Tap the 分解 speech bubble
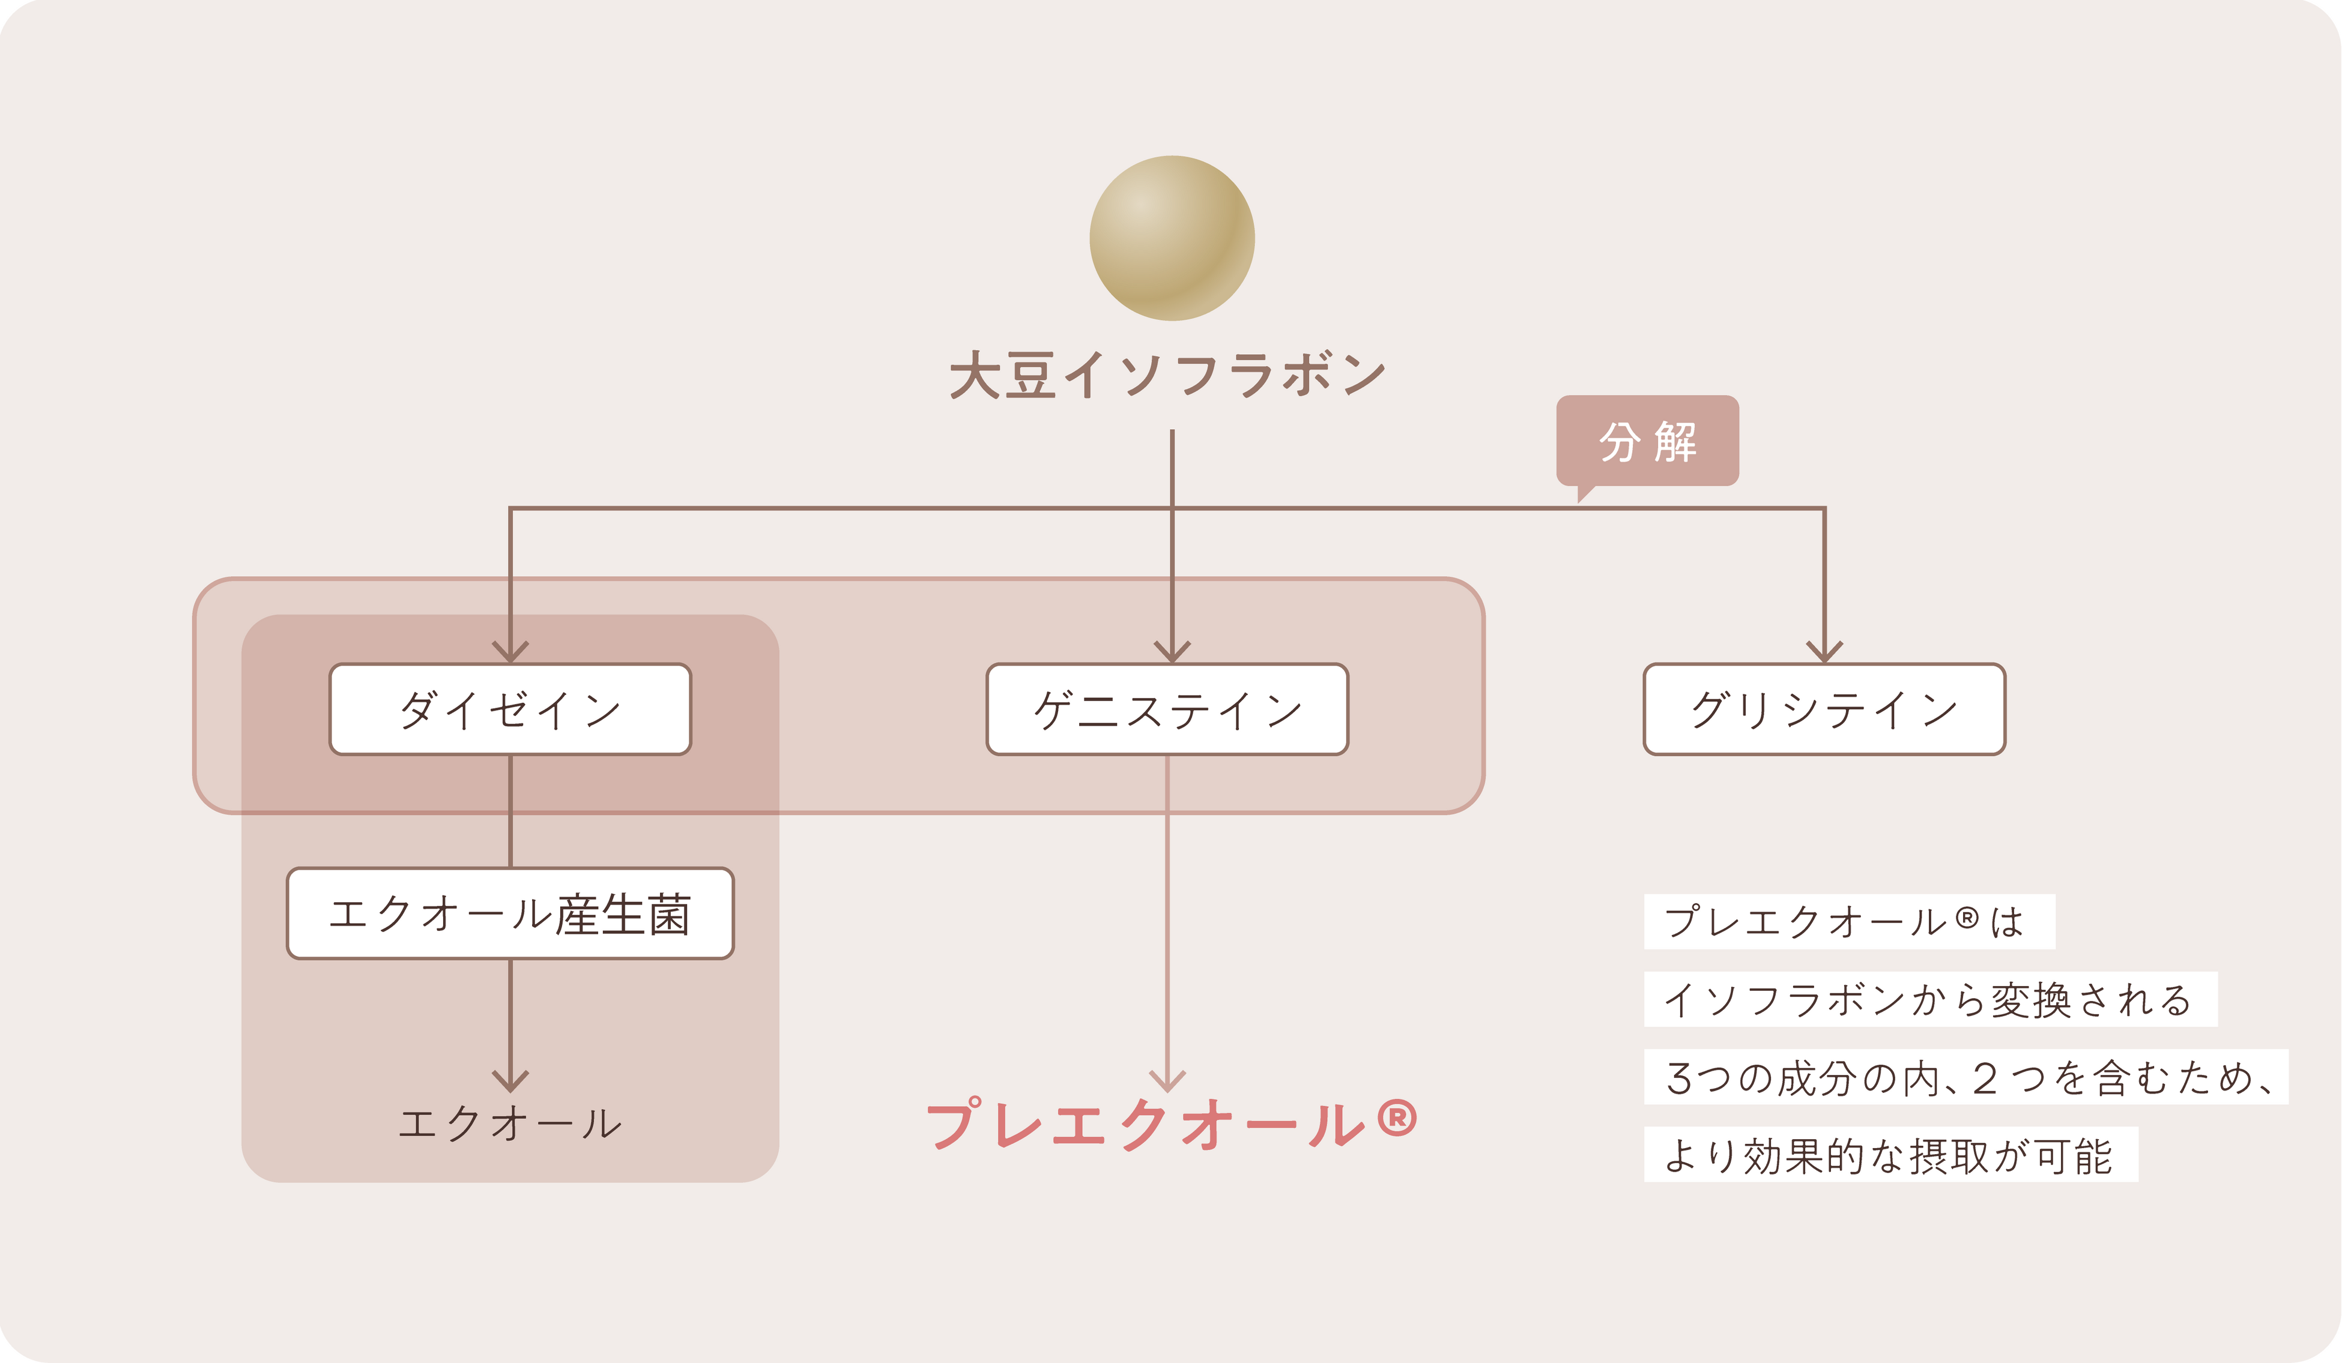[x=1647, y=441]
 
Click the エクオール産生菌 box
[x=510, y=914]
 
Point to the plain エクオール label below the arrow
[x=510, y=1124]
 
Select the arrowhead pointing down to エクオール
[x=510, y=1080]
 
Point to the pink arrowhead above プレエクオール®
[x=1167, y=1080]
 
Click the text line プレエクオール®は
[x=1848, y=922]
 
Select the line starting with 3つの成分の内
[x=1965, y=1078]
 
